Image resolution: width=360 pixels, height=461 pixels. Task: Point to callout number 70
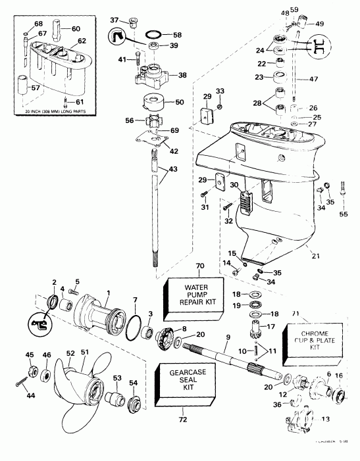tap(182, 266)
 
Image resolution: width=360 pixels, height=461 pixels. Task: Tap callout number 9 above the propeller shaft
tap(228, 337)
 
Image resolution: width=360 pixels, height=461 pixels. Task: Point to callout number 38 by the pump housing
tap(182, 75)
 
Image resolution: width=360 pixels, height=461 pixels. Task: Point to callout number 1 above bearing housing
tap(90, 292)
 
